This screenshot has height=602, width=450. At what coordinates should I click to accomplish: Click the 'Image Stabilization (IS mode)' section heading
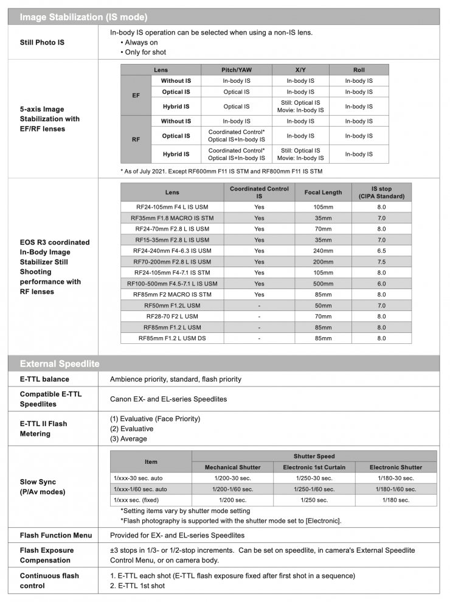coord(83,17)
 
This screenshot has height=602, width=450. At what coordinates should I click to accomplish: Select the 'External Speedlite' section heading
coord(60,364)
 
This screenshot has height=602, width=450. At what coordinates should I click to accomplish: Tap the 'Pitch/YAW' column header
coord(236,70)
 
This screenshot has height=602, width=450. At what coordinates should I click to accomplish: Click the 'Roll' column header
coord(359,70)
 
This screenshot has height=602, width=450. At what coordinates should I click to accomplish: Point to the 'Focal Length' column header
coord(323,192)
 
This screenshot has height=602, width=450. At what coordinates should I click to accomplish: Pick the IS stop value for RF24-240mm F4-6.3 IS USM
coord(381,251)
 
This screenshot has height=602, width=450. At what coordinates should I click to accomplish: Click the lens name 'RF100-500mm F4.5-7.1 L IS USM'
coord(172,284)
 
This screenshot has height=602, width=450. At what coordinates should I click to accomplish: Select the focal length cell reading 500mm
coord(323,284)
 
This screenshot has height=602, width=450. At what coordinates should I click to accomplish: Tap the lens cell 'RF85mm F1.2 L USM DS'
coord(172,338)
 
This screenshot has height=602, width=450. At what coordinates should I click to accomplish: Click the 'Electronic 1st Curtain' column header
coord(314,467)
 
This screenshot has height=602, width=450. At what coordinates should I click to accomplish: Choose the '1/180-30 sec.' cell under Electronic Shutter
coord(395,478)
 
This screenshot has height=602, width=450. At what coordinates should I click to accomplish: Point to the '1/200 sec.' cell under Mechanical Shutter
coord(233,500)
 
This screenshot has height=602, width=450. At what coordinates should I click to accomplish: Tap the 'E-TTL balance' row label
coord(44,379)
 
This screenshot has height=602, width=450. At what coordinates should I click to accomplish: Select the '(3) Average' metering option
coord(128,439)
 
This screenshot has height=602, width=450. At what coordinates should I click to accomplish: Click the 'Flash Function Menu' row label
coord(56,536)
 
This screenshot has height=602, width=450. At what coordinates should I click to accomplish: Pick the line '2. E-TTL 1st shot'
coord(137,586)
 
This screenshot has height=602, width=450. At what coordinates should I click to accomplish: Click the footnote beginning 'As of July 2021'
coord(221,172)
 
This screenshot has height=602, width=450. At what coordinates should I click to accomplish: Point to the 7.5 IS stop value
coord(381,262)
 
